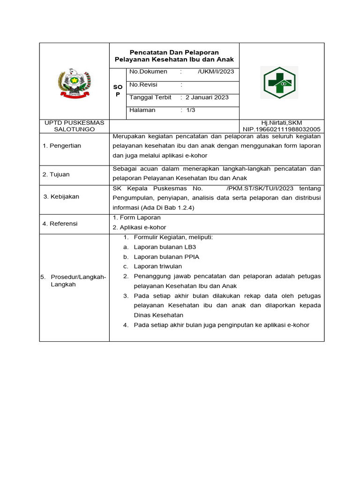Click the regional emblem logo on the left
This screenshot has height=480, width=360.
click(x=75, y=82)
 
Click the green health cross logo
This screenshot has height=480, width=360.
click(x=279, y=82)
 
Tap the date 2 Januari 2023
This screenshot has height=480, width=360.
click(x=207, y=97)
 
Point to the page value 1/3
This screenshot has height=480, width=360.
click(x=191, y=110)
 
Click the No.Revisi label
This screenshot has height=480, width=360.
click(x=143, y=85)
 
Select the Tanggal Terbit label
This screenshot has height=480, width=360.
click(x=150, y=97)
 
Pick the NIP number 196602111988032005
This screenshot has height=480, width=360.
click(x=281, y=129)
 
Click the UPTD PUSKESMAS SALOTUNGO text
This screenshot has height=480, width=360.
click(x=75, y=126)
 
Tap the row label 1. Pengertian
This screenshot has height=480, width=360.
click(x=62, y=146)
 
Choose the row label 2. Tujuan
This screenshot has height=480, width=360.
click(x=56, y=174)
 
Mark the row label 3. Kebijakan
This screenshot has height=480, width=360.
click(x=61, y=196)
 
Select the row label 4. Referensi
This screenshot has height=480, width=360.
click(x=60, y=224)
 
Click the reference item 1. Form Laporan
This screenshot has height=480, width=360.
click(x=137, y=217)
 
